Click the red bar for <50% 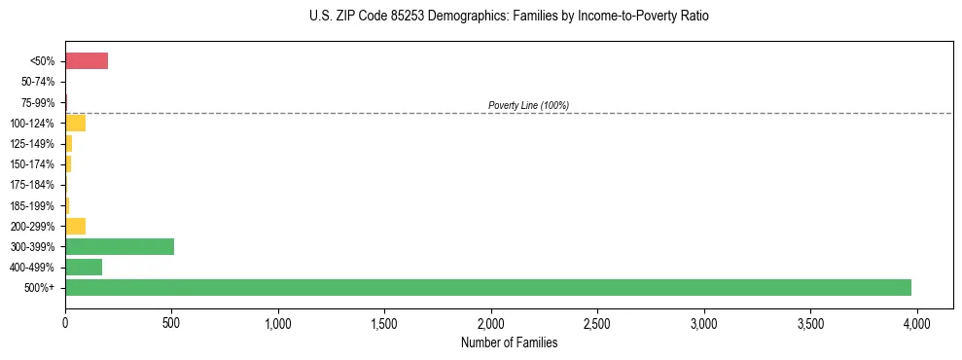[x=87, y=61]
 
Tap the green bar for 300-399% [x=120, y=246]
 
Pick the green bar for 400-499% [x=84, y=267]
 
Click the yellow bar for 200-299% [x=76, y=226]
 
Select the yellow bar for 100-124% [x=76, y=123]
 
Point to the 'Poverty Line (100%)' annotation [x=528, y=105]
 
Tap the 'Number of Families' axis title [x=510, y=342]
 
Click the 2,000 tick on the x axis [x=491, y=322]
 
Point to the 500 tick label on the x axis [x=171, y=322]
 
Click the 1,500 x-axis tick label [x=384, y=322]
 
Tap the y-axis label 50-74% [x=39, y=82]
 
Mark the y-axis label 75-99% [x=39, y=102]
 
